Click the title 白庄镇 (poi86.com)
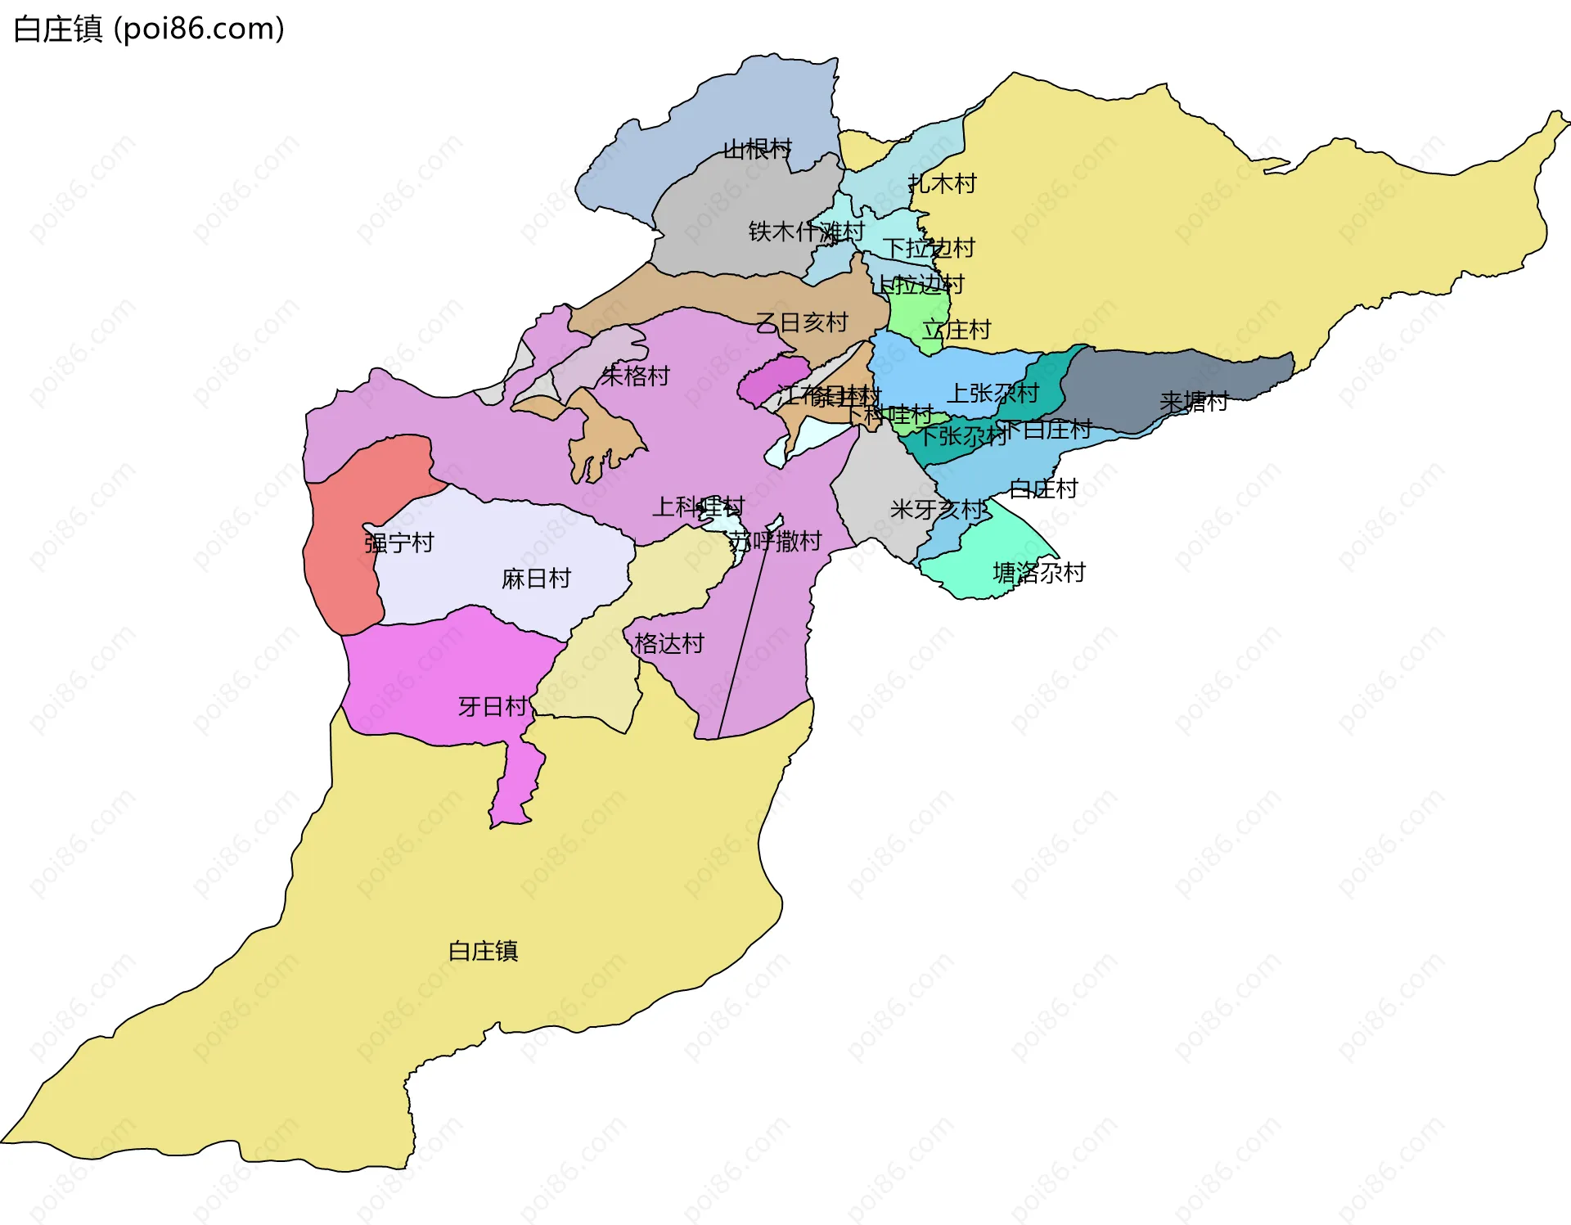point(149,29)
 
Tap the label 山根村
point(758,149)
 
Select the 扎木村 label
point(943,183)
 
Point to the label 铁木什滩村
point(806,232)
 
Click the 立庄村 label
point(957,330)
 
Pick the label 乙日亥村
point(801,322)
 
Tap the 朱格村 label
point(635,376)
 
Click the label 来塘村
point(1194,402)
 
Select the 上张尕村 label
point(993,393)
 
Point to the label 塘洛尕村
point(1038,572)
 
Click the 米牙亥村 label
point(939,510)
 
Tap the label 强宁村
point(398,543)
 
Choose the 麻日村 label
point(536,579)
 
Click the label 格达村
point(668,643)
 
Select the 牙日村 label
point(492,706)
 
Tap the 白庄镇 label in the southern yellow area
point(483,951)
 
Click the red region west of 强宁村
point(340,565)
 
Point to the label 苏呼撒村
point(775,541)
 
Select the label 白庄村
point(1043,489)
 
